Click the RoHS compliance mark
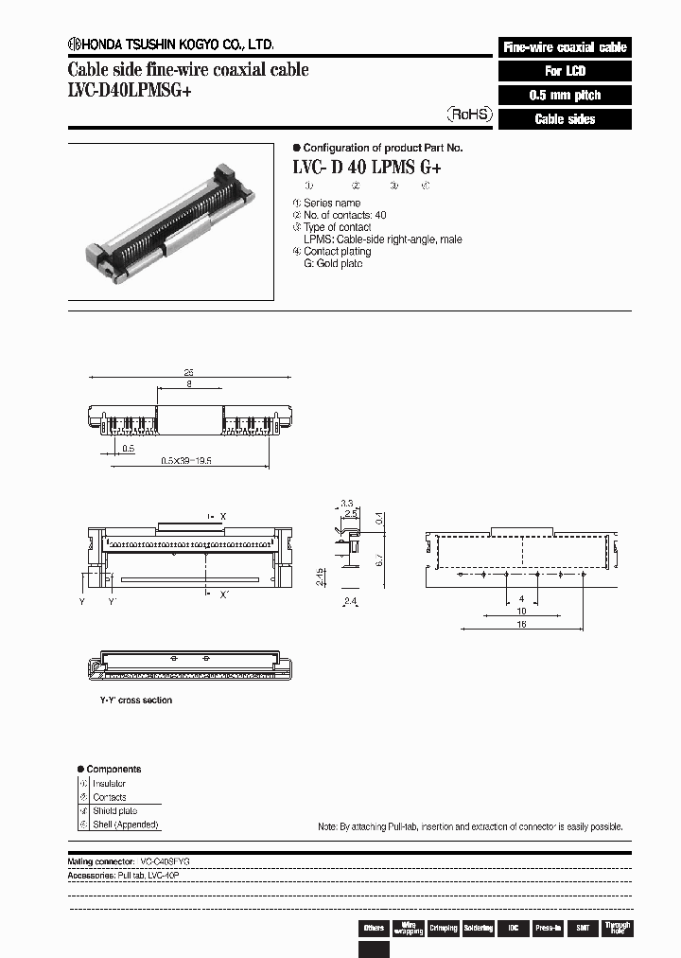[469, 114]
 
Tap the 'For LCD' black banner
[565, 71]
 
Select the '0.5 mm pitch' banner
[565, 96]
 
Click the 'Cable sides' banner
[565, 119]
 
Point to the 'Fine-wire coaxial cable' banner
[565, 47]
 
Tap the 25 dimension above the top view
[189, 373]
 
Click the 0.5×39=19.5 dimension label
[185, 459]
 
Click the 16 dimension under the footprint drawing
[520, 626]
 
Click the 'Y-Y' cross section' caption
[136, 701]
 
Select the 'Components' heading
[113, 769]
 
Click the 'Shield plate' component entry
[114, 810]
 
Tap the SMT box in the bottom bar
[582, 929]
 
